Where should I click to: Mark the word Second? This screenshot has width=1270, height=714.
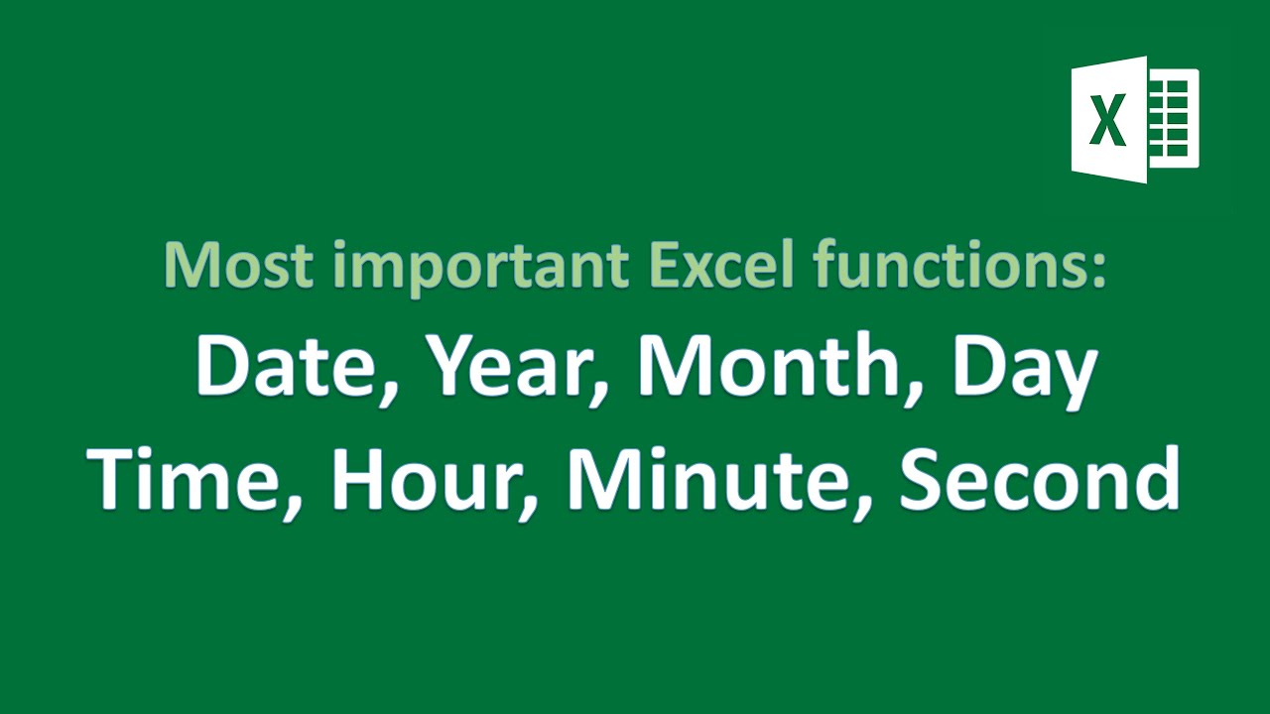point(1038,479)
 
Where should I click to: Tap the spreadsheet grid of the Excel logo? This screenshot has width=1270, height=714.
point(1174,119)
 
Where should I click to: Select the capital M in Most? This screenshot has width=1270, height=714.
point(189,265)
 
